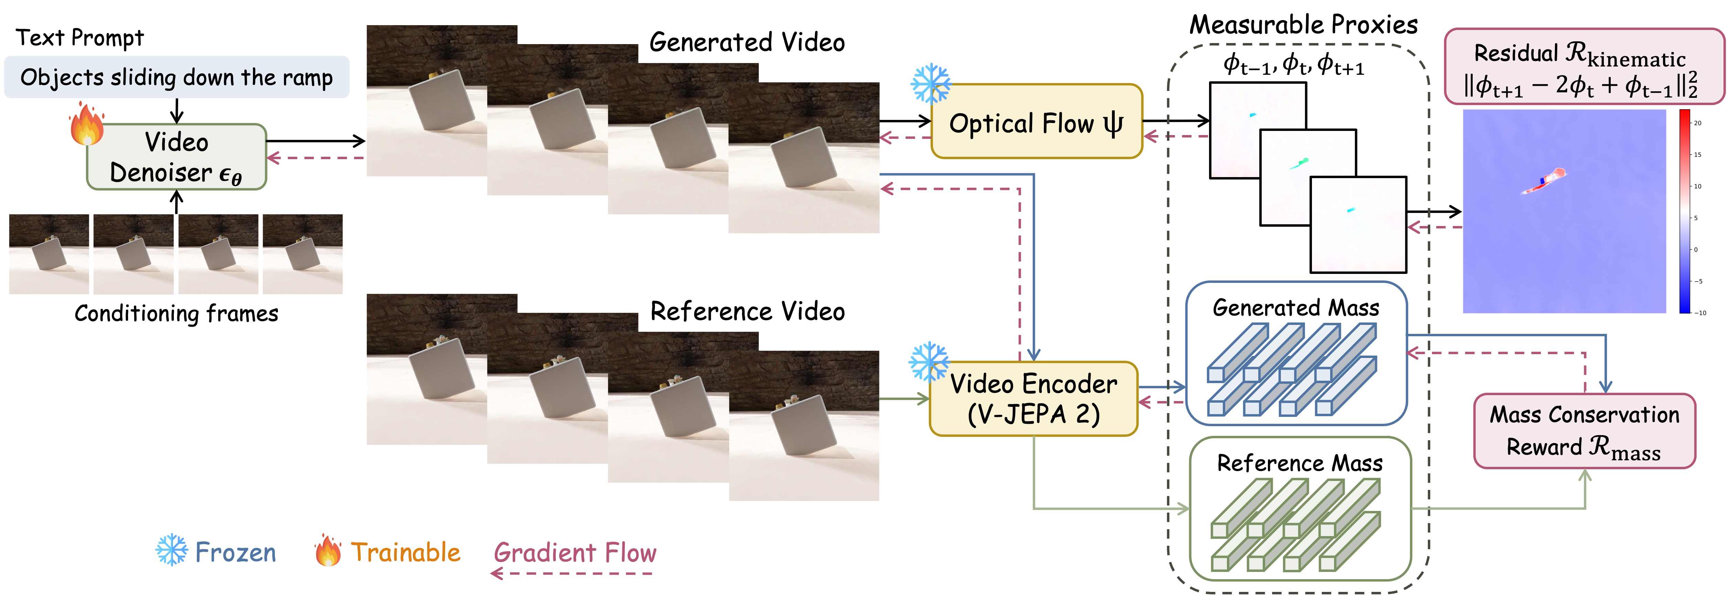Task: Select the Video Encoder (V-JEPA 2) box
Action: (1033, 399)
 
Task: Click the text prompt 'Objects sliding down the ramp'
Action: (176, 77)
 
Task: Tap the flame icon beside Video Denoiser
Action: (86, 124)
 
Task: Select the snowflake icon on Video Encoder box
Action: (929, 362)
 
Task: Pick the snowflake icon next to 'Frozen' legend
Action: (172, 550)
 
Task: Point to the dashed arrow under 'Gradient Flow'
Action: (573, 574)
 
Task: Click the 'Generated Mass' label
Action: (1296, 308)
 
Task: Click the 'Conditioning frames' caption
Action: (176, 313)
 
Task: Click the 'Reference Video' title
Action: (748, 311)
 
